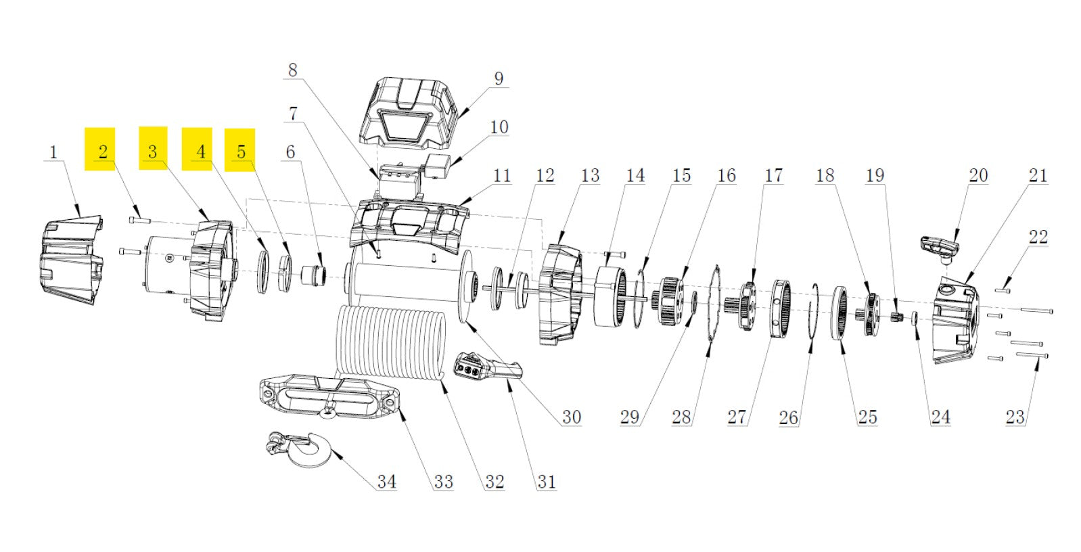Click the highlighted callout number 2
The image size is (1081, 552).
click(103, 152)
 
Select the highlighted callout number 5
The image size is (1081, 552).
click(241, 152)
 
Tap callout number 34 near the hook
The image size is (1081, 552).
click(386, 482)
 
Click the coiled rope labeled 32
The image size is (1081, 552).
click(392, 345)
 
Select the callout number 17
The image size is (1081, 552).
click(773, 176)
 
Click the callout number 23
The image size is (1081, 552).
click(1015, 417)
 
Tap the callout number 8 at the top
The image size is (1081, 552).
click(292, 70)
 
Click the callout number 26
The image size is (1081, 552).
click(788, 417)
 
